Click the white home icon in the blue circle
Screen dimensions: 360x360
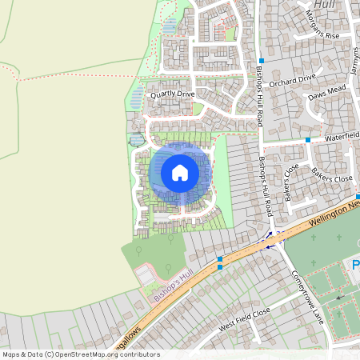click(x=180, y=173)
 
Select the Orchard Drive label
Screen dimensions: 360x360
click(x=292, y=78)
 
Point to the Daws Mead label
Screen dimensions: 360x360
click(x=326, y=96)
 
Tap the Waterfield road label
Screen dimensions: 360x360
click(x=342, y=137)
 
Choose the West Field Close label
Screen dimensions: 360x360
click(x=244, y=321)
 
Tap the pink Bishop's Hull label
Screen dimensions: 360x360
click(x=174, y=286)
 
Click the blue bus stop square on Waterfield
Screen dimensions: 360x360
click(x=308, y=140)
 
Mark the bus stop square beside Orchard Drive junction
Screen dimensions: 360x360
click(x=261, y=62)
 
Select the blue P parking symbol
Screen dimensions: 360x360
click(x=356, y=264)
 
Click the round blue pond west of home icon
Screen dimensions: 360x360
click(x=138, y=139)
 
